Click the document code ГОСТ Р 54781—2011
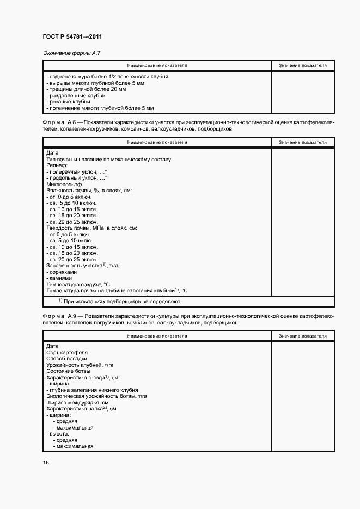click(x=72, y=36)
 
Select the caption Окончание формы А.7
click(x=72, y=53)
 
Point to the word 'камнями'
click(x=60, y=278)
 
